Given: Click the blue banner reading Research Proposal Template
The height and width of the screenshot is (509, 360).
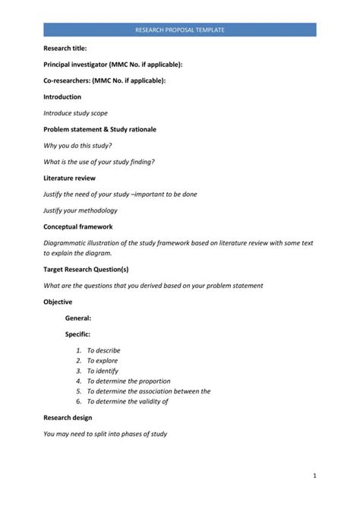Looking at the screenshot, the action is tap(179, 30).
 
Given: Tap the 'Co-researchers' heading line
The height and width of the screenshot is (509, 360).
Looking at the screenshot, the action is tap(104, 81).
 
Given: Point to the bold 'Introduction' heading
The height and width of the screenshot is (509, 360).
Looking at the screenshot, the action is tap(62, 97).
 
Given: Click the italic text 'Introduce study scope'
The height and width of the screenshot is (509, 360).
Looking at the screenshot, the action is tap(76, 113).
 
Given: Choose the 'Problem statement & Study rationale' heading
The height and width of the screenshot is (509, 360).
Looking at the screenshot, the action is tap(99, 129).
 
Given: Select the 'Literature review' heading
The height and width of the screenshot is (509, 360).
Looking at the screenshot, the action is tap(69, 178).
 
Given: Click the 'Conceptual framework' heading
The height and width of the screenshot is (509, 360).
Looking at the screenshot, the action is tap(77, 226).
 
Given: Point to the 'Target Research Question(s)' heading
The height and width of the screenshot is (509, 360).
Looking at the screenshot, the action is tap(86, 269).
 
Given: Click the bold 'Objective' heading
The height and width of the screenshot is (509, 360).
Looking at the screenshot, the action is tap(58, 302).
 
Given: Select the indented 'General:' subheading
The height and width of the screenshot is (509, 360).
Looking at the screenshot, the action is tap(78, 318).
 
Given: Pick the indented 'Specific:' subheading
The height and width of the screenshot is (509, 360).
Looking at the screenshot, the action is tap(78, 334).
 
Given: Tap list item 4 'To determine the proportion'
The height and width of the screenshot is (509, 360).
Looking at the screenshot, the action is tap(128, 381).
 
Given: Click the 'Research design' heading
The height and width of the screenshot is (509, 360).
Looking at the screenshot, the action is tap(68, 418).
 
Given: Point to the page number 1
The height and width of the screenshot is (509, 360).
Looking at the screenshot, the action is tap(314, 476).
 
